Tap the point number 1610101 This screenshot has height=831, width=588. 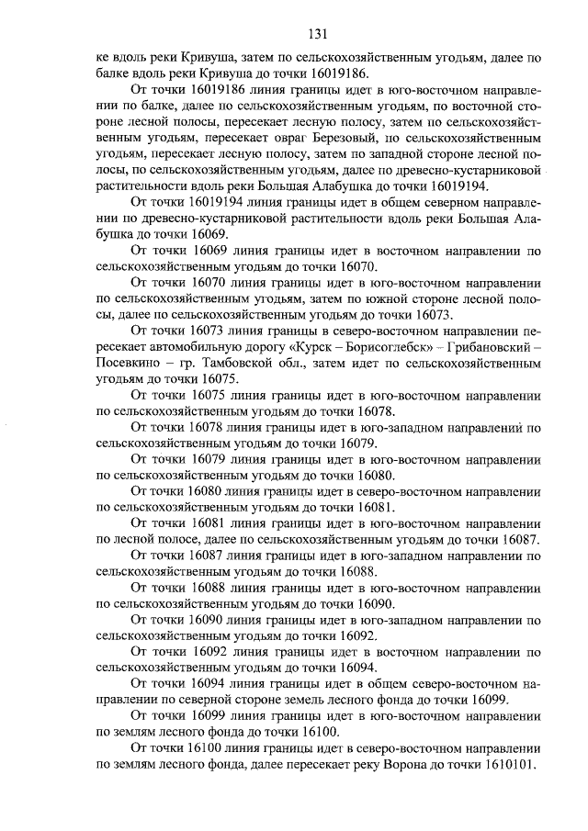click(x=506, y=767)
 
